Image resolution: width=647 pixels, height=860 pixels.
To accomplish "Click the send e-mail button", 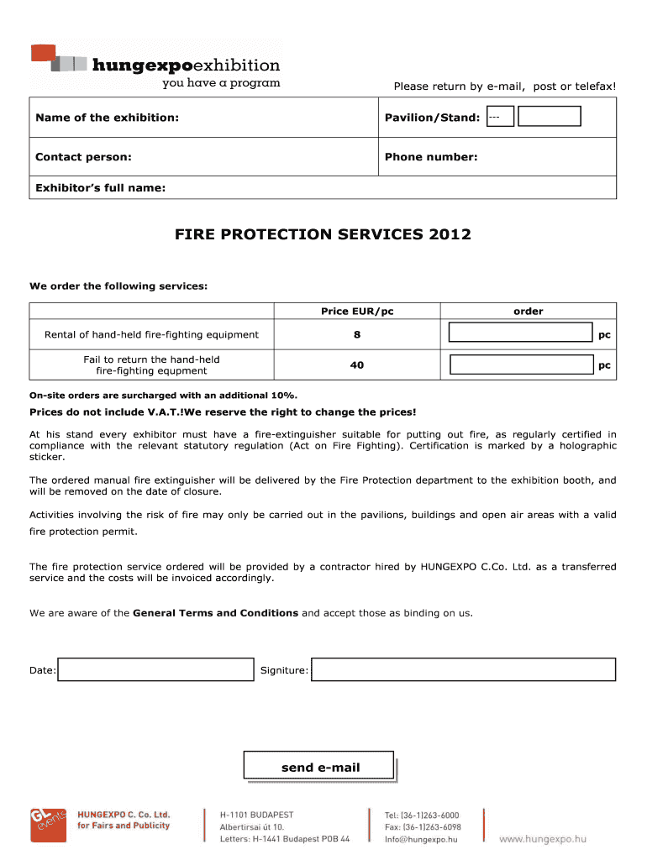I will (319, 767).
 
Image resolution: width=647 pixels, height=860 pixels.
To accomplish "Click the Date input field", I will (155, 669).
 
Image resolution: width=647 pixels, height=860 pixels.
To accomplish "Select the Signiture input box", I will (463, 669).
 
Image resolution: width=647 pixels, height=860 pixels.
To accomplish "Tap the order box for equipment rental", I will (521, 333).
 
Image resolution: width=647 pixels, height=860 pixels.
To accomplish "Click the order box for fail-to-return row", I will (521, 364).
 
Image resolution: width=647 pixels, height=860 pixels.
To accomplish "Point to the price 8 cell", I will (357, 334).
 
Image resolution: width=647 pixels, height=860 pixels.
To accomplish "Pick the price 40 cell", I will (357, 364).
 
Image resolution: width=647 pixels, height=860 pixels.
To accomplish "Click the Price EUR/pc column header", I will (357, 312).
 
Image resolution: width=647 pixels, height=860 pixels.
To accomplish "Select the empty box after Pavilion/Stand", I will (550, 117).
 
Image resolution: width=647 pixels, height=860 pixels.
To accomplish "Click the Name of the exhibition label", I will (107, 118).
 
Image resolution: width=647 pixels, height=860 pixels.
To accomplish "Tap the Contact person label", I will (83, 157).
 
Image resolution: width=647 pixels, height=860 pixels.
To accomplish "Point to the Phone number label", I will (431, 157).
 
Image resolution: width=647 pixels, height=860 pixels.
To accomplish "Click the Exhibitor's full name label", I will (100, 188).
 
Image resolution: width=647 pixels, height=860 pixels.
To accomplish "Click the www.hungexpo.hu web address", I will (543, 838).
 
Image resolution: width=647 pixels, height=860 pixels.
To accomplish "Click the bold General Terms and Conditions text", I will (216, 613).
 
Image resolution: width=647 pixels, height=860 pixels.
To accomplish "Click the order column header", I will (529, 312).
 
